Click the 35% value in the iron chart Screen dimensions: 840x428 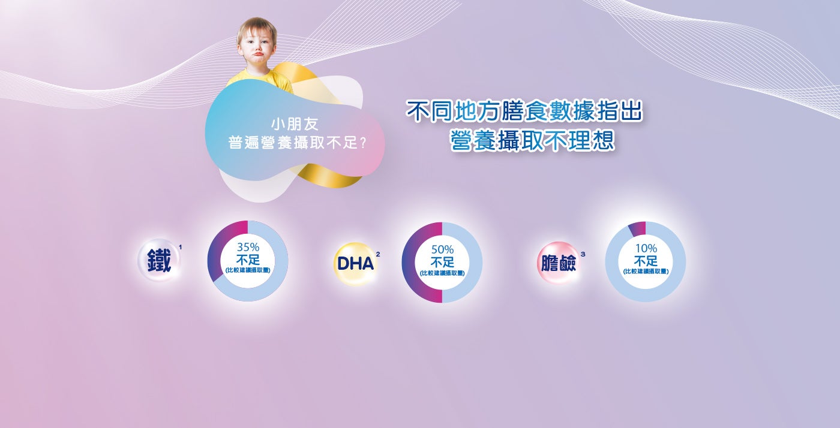click(248, 248)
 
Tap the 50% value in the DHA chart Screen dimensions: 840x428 click(442, 249)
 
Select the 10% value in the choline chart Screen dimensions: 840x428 click(646, 248)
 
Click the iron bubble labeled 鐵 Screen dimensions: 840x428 click(159, 260)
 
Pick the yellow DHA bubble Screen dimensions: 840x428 click(355, 264)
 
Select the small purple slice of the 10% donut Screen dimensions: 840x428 click(637, 228)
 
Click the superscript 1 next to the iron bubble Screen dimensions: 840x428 click(181, 248)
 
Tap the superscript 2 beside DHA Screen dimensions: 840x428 click(377, 255)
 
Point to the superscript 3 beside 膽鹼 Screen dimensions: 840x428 click(583, 254)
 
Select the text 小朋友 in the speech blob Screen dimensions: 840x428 click(295, 125)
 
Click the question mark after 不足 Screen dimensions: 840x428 click(362, 143)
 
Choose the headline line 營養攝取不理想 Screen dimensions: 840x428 click(532, 141)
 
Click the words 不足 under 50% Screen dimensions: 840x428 click(442, 261)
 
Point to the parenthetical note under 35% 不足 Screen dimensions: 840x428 click(248, 270)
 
